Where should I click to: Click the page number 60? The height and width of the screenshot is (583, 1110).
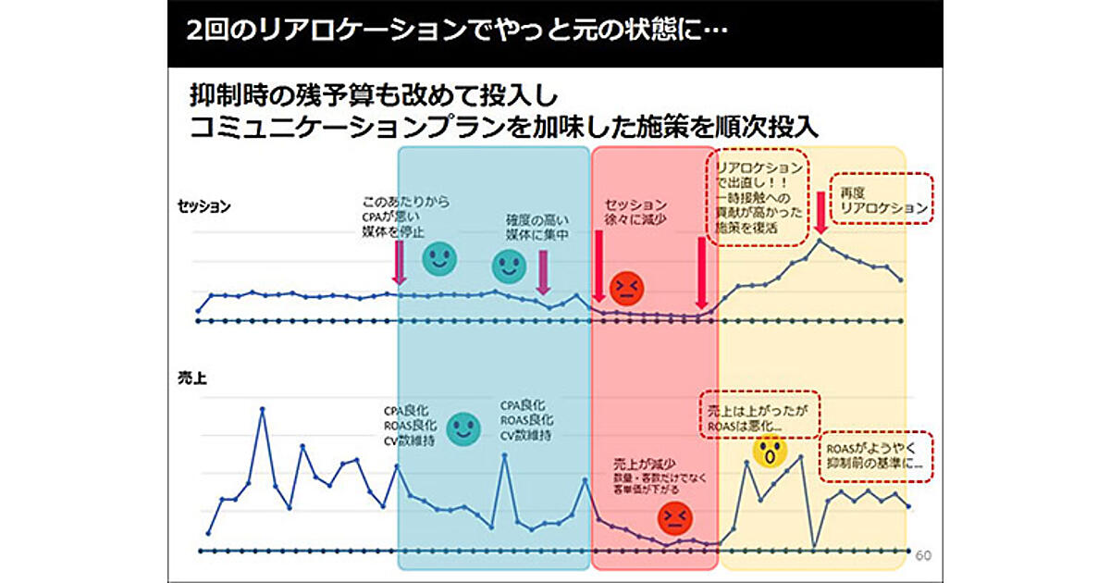pos(922,555)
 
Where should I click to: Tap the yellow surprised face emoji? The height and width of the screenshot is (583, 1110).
pos(769,452)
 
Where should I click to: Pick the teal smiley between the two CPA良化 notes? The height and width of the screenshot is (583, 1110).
pos(463,428)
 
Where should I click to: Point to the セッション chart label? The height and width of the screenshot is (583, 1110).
pos(204,206)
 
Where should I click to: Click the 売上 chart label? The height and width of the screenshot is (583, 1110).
pos(191,378)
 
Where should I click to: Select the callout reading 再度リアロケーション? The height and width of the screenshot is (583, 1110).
pos(882,200)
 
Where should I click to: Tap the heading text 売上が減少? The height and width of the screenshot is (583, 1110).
pos(644,461)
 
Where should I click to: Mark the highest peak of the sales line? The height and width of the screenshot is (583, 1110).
pos(262,408)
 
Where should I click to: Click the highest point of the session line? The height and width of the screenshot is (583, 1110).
pos(820,241)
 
